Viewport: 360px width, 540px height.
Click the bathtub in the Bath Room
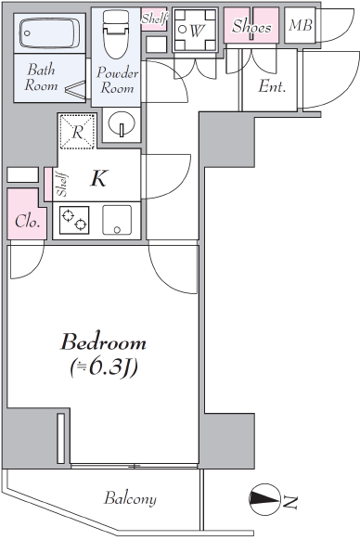[49, 33]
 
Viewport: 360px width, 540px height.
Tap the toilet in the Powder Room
[116, 33]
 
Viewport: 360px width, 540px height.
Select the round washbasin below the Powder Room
[122, 124]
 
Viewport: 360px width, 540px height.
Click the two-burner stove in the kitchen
[74, 220]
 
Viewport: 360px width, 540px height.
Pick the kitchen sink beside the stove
[117, 220]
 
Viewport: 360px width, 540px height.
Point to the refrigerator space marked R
[77, 132]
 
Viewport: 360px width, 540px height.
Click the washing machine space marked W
[196, 31]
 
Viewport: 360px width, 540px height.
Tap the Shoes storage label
[251, 27]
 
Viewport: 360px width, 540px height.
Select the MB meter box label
[301, 25]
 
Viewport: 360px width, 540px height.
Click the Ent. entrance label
[272, 86]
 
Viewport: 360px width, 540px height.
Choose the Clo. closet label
[27, 222]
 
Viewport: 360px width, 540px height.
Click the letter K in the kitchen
[99, 178]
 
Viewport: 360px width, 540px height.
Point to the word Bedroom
[103, 342]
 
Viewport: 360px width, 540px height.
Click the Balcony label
[130, 498]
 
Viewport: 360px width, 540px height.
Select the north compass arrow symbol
[264, 499]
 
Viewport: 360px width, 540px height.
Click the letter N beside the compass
[289, 503]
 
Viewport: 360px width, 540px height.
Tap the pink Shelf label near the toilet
[155, 19]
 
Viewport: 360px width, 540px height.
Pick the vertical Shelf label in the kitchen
[62, 185]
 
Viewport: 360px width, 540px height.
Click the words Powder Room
[117, 80]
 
